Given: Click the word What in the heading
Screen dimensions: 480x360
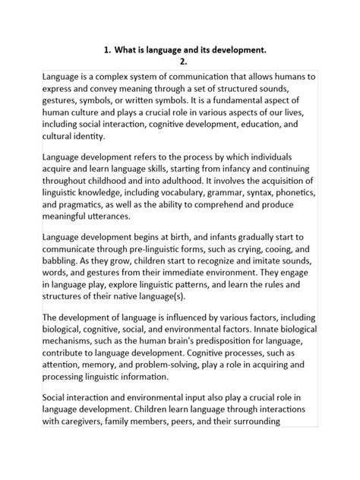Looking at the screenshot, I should coord(128,50).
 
